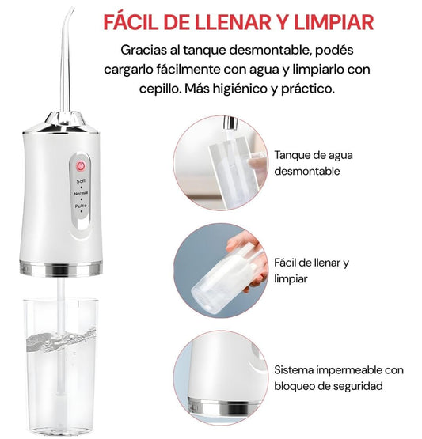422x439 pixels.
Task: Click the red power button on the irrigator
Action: tap(81, 166)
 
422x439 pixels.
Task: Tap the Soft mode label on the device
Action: tap(81, 181)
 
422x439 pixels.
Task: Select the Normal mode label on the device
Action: tap(81, 194)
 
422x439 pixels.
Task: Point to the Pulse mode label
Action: tap(81, 206)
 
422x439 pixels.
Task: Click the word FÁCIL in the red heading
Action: tap(131, 22)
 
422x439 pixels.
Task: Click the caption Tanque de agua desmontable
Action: tap(314, 163)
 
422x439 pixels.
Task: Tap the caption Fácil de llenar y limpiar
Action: tap(311, 271)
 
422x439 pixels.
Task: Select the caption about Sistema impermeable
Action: tap(339, 378)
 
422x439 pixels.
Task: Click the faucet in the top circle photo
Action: tap(230, 123)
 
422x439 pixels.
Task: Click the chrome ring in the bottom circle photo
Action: tap(222, 407)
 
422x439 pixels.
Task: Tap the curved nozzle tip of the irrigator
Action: tap(71, 9)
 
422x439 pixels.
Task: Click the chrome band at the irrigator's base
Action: tap(60, 269)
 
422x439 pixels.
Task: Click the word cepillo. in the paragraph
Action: tap(160, 89)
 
